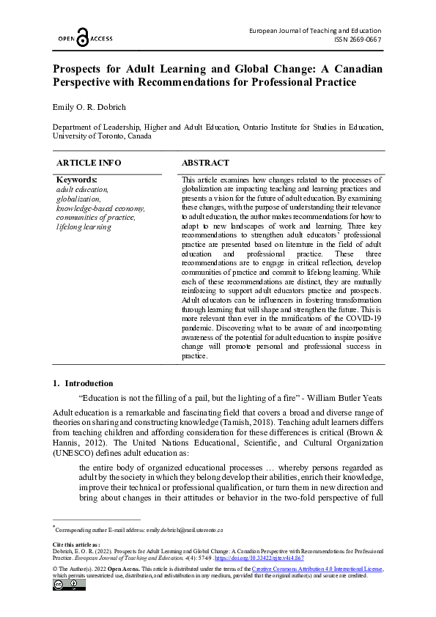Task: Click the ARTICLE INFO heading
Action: pos(89,163)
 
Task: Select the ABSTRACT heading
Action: pos(205,163)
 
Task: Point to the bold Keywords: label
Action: pos(77,180)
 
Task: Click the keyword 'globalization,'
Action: pos(78,199)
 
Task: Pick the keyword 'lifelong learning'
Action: pos(84,227)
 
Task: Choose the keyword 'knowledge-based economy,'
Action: pos(100,208)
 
